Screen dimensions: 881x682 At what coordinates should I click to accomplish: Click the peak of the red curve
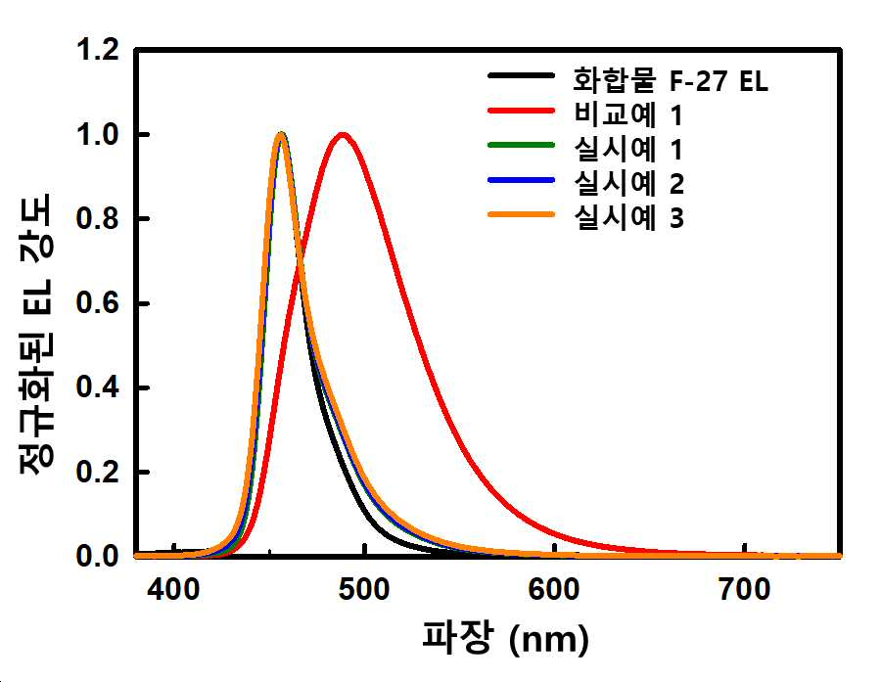343,134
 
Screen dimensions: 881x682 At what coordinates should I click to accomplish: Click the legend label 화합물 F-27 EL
670,80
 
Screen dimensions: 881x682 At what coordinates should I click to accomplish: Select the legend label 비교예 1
627,114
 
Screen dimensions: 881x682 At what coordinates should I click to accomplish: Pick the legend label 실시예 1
627,149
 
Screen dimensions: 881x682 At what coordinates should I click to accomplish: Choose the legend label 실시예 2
628,183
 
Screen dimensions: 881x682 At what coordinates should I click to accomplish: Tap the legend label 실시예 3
628,217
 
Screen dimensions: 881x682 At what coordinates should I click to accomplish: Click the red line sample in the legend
522,111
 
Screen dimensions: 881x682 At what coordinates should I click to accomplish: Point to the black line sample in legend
522,75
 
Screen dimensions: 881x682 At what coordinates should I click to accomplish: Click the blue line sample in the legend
522,180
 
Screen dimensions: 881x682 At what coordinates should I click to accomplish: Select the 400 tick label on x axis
173,590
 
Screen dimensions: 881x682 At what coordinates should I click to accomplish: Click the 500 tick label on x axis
364,590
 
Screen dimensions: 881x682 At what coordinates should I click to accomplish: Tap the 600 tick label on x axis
554,590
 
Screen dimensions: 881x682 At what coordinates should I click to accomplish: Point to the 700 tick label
745,590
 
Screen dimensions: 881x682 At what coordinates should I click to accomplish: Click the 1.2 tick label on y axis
98,50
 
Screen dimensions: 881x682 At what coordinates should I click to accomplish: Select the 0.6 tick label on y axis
98,303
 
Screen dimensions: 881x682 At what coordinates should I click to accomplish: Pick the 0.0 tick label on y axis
98,556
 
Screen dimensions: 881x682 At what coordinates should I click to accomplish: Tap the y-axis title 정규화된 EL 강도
36,334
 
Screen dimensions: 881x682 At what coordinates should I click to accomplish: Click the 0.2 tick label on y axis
98,472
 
